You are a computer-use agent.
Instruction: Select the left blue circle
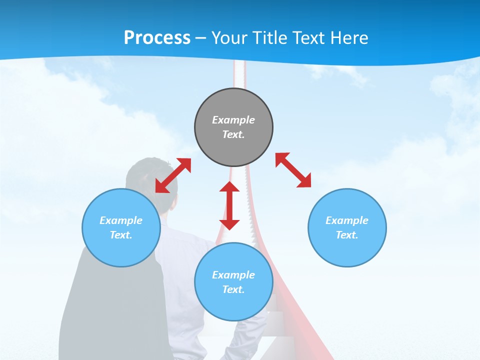point(121,227)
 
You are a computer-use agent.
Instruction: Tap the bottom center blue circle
point(233,282)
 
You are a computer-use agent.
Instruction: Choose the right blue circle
point(347,227)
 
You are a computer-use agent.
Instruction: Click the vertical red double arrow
point(229,205)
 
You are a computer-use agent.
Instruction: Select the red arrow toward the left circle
point(173,175)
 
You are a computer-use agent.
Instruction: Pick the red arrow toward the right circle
point(293,170)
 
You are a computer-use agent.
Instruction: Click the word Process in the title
point(157,38)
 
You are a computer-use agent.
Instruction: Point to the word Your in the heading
point(230,38)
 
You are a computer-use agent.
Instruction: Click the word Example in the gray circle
point(233,120)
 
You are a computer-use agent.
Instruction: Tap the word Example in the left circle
point(121,220)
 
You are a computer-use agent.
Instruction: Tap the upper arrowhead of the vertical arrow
point(229,187)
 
